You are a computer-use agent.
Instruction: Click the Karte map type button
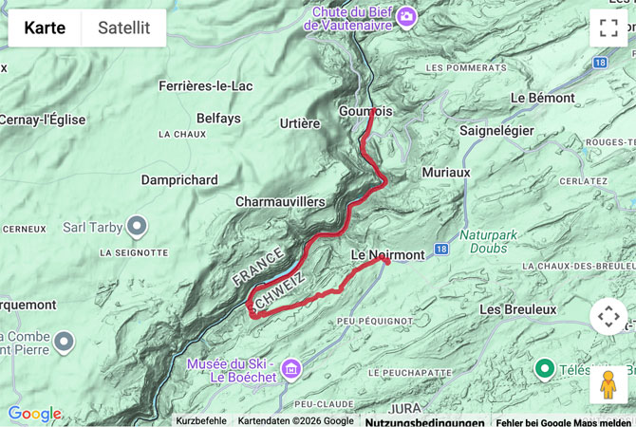45,28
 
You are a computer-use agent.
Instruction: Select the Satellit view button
123,28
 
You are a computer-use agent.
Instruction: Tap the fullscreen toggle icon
608,28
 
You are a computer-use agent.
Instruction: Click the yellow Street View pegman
608,384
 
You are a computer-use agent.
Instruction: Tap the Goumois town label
365,111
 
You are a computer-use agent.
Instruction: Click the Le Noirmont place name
387,254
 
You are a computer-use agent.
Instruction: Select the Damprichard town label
179,179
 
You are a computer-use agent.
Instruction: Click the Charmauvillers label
280,201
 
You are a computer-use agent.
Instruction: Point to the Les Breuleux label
517,309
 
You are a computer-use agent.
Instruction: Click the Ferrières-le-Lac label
205,86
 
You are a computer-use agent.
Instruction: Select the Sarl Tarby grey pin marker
138,227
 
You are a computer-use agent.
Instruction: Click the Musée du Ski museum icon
291,367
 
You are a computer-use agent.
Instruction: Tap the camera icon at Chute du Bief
407,16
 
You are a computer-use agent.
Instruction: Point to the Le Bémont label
542,98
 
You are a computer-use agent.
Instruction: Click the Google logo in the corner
34,414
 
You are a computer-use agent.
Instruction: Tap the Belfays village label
218,119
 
